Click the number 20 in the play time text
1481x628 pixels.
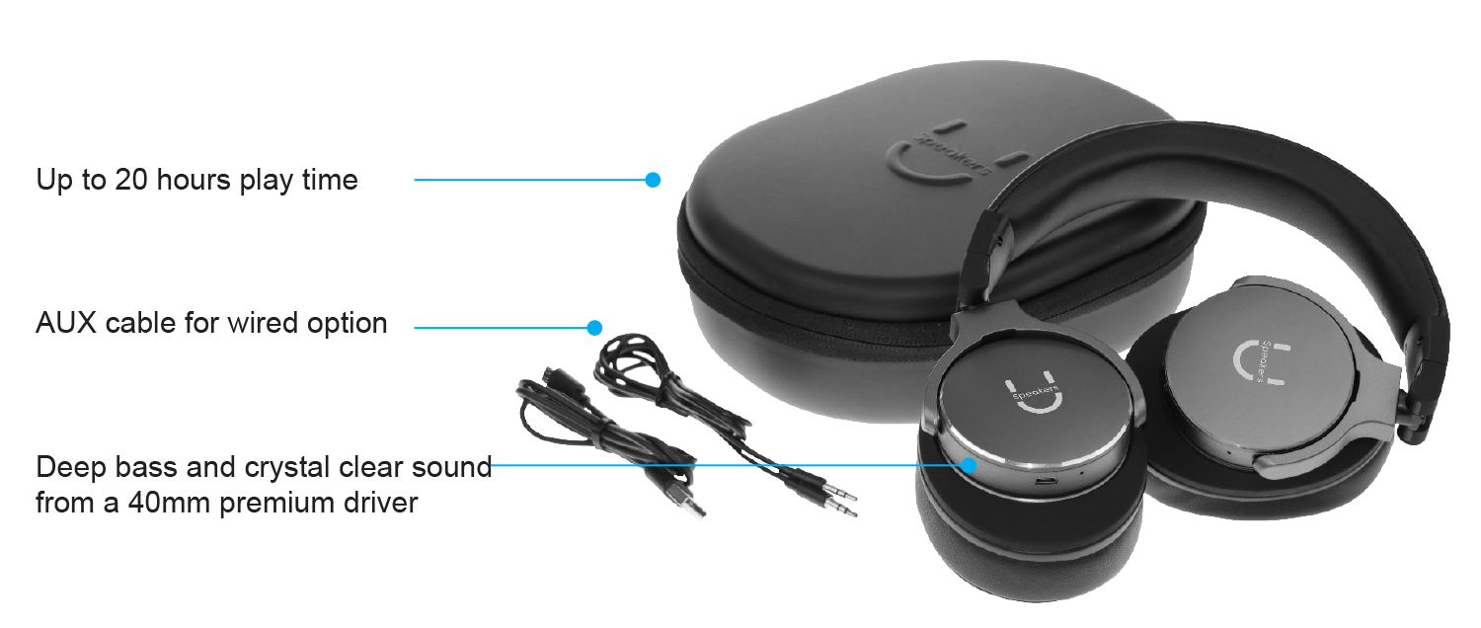click(x=131, y=180)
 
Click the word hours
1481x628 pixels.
click(x=194, y=180)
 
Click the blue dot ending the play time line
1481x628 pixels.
click(x=653, y=180)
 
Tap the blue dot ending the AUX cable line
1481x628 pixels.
click(x=594, y=327)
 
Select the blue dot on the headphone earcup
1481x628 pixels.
click(x=969, y=465)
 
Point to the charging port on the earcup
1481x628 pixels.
click(x=1044, y=481)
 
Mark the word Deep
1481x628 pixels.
click(x=71, y=468)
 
